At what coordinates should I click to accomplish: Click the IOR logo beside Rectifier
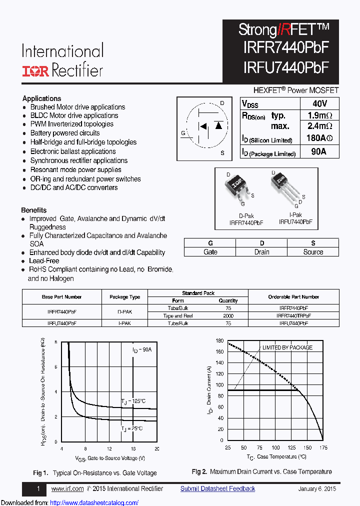pos(34,71)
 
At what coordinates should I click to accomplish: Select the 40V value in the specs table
pos(319,103)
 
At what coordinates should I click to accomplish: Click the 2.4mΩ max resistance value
pos(319,126)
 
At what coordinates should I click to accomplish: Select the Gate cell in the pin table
pos(210,252)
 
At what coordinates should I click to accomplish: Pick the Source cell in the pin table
pos(313,252)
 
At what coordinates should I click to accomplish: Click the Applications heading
pos(42,98)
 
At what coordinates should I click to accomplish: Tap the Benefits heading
pos(34,210)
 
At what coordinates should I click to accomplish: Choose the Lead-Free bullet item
pos(44,261)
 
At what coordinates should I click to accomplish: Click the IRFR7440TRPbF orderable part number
pos(293,316)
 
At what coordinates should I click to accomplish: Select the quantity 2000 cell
pos(228,316)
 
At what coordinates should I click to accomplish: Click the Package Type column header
pos(124,297)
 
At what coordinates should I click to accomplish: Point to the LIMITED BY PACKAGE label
pos(287,347)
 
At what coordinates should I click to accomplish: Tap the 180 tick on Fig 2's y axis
pos(219,341)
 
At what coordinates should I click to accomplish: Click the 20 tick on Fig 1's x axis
pos(156,449)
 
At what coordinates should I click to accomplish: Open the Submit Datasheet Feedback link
pos(217,489)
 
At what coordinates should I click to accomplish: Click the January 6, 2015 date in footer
pos(317,489)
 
